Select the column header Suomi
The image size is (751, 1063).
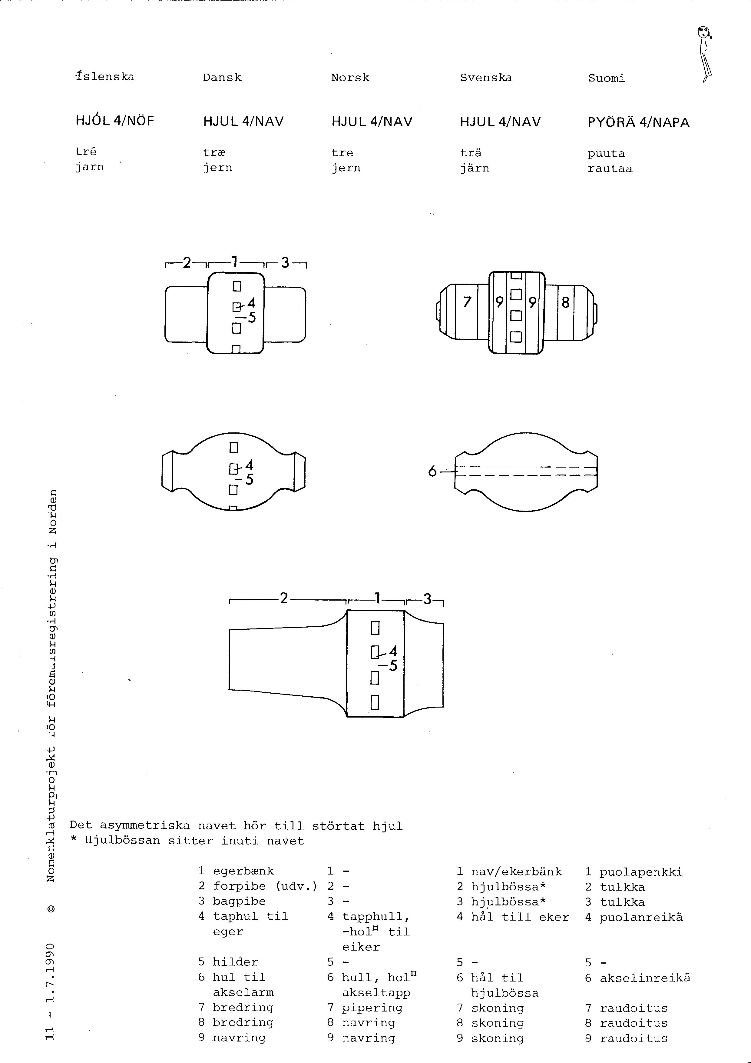(606, 78)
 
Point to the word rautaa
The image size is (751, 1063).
(610, 168)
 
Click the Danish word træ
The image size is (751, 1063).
(214, 152)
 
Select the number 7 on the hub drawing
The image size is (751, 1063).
(467, 302)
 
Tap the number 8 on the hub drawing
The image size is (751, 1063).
(565, 303)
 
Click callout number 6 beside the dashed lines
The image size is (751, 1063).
(432, 471)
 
